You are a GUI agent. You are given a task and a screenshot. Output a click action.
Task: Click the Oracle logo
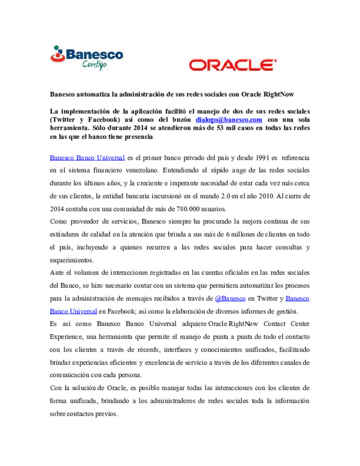[233, 65]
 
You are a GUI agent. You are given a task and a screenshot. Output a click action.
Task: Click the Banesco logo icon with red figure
[58, 54]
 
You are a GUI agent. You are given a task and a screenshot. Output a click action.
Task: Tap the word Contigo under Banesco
[94, 65]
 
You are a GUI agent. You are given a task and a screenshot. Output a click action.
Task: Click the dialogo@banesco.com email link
[229, 120]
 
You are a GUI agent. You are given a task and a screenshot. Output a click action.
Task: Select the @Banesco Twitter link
[230, 298]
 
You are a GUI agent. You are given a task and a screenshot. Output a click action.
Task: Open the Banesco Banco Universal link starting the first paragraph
[87, 158]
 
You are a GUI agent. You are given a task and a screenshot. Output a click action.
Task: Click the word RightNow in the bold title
[278, 94]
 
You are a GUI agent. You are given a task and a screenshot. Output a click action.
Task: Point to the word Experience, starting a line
[66, 337]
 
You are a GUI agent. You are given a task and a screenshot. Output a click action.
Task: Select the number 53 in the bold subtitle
[220, 128]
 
